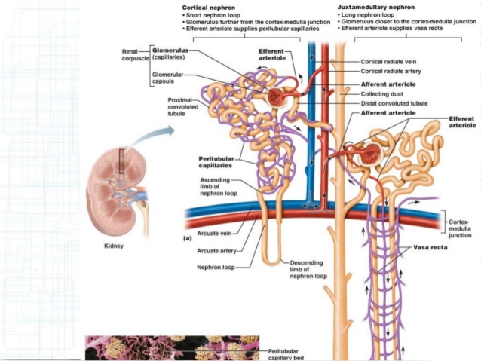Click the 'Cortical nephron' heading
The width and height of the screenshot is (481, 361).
click(207, 7)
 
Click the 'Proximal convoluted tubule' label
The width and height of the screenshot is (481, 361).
click(183, 106)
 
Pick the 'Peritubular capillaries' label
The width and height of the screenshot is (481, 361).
click(216, 162)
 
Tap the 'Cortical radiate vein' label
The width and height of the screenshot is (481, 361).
click(385, 62)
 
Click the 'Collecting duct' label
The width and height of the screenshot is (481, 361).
click(380, 94)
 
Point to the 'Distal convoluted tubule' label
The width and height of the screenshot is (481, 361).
click(391, 102)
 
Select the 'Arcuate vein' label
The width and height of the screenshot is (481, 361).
click(213, 233)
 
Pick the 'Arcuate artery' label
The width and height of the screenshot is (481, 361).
click(214, 250)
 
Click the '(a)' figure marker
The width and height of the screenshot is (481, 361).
click(188, 237)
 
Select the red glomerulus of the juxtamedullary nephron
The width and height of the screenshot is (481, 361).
click(370, 154)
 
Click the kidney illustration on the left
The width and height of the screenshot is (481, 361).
click(113, 188)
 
